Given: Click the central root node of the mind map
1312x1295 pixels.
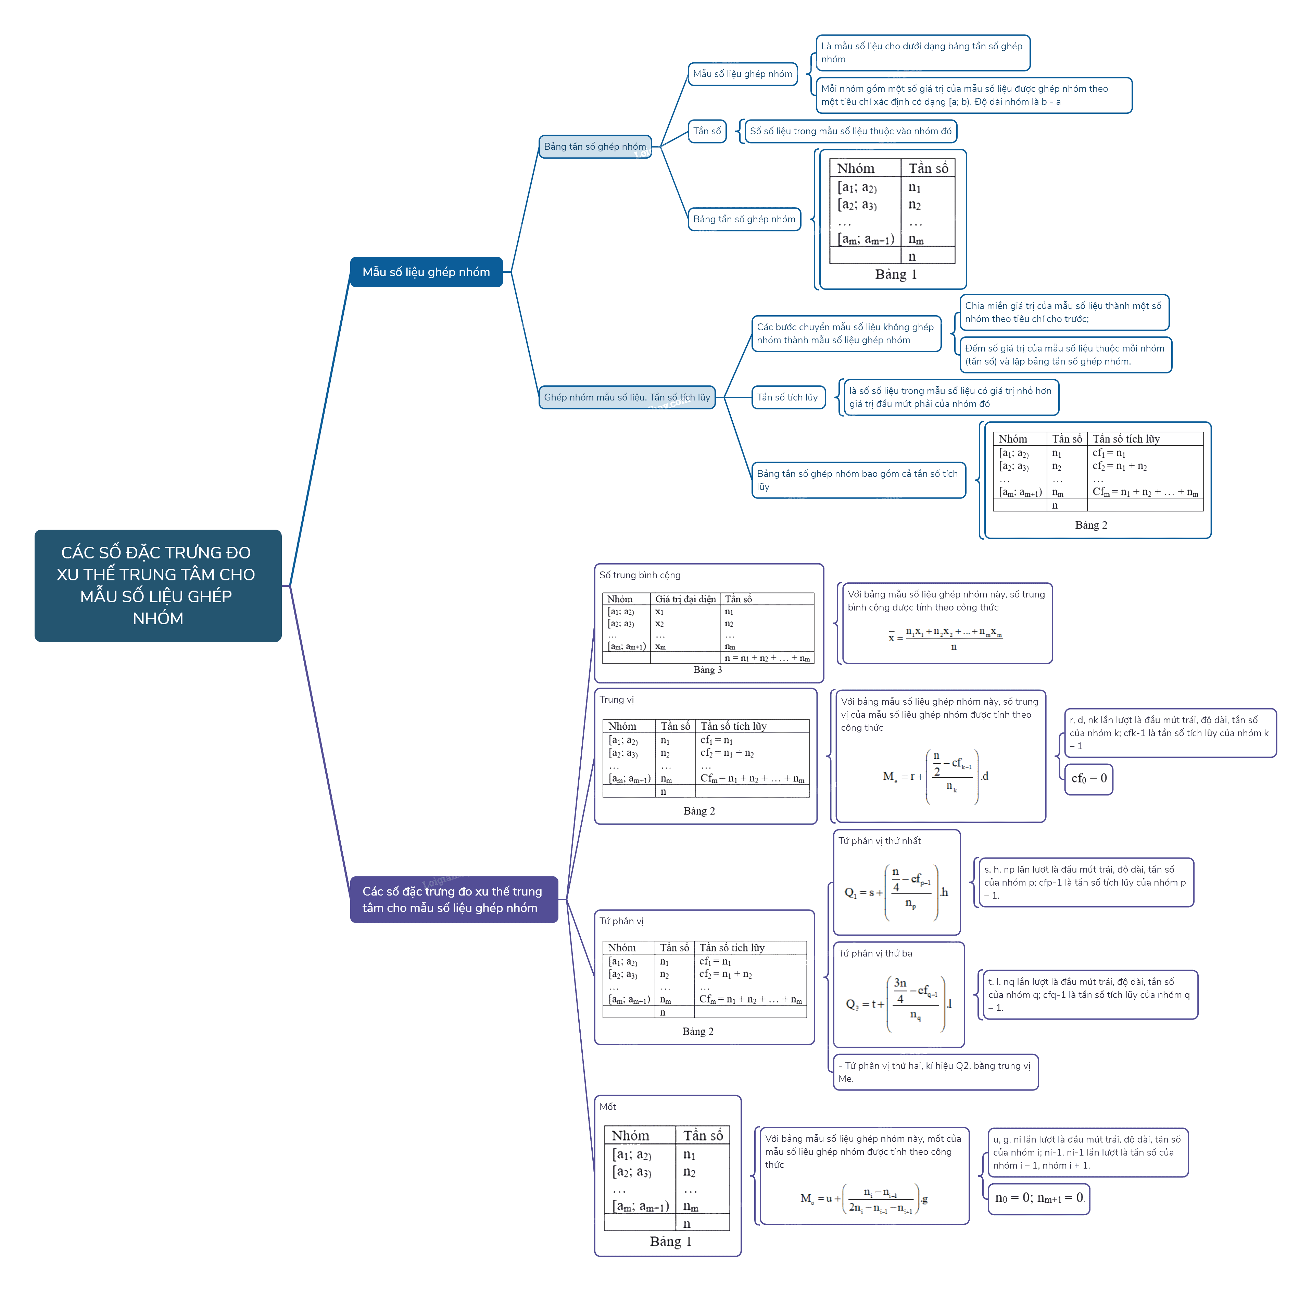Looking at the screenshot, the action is pyautogui.click(x=157, y=585).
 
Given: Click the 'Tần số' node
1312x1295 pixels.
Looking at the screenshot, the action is pyautogui.click(x=707, y=131).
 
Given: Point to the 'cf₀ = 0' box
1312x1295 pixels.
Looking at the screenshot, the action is pyautogui.click(x=1088, y=778).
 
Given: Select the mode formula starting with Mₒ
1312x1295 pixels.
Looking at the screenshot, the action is pyautogui.click(x=864, y=1198).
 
